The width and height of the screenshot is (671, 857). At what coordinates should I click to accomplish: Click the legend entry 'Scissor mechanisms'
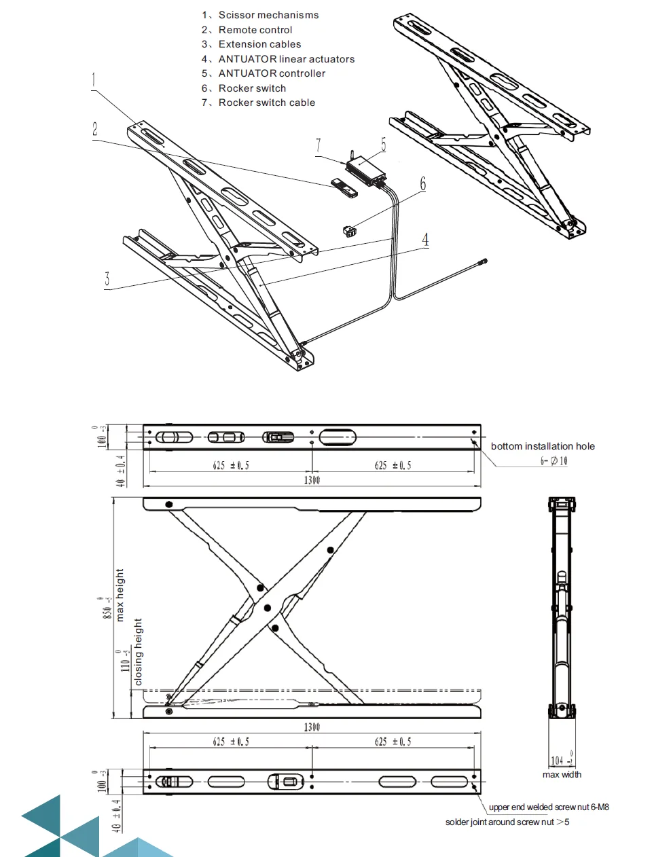(268, 15)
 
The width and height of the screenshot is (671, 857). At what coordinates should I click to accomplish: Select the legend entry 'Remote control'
(255, 30)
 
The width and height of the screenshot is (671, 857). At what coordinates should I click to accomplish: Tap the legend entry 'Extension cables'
(259, 44)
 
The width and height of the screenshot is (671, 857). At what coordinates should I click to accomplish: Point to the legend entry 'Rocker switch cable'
(266, 103)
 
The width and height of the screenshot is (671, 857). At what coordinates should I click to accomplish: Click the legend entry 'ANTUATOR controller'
(271, 73)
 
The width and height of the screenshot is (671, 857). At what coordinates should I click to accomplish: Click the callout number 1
(94, 80)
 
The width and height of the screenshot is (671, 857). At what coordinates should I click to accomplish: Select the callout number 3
(107, 279)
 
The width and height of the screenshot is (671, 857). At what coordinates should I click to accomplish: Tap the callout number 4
(425, 240)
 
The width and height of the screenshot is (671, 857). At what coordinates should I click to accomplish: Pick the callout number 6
(423, 184)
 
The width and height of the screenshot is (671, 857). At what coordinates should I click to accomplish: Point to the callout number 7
(318, 146)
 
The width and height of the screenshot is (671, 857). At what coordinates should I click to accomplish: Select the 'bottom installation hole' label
(543, 446)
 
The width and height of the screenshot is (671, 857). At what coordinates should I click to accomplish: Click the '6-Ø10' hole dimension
(554, 461)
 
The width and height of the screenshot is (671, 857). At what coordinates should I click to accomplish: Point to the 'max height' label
(120, 595)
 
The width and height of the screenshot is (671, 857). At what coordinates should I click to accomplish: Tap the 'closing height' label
(139, 651)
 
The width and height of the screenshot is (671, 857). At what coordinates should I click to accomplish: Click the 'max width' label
(562, 774)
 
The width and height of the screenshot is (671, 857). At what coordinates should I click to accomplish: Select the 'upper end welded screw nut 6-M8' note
(549, 807)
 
